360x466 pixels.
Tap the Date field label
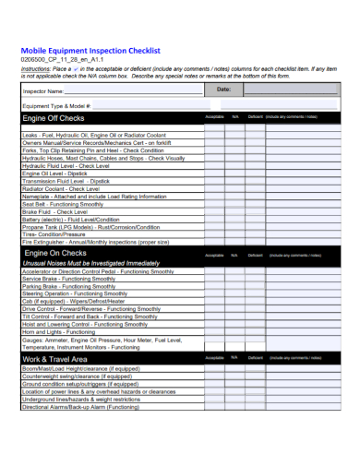point(223,89)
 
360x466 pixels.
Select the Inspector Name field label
point(44,92)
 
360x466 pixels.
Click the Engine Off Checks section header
point(54,118)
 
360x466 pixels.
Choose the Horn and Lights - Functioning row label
point(60,330)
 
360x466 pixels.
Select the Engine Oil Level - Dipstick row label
point(54,173)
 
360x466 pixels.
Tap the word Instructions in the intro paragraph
point(35,68)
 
